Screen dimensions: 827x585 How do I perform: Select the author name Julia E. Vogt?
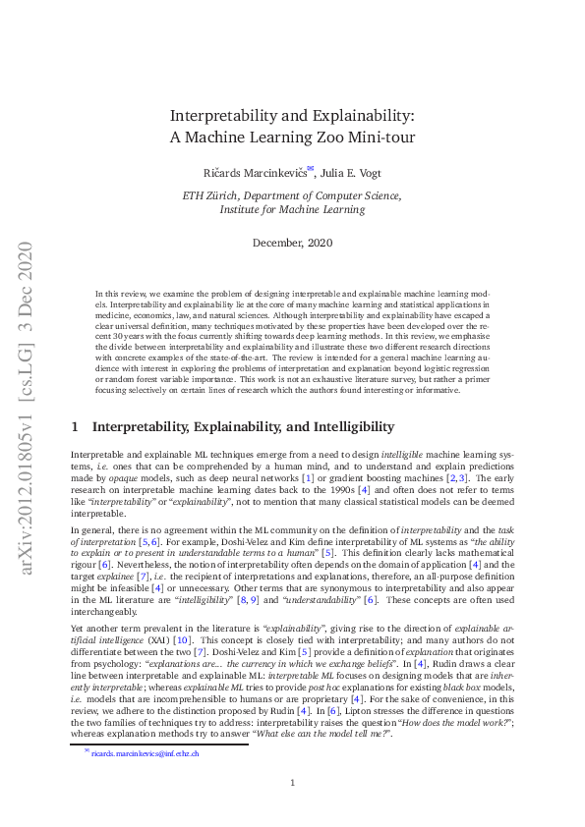pos(355,171)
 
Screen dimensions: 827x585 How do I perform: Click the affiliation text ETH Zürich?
pos(212,195)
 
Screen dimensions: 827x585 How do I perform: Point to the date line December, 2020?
pos(292,242)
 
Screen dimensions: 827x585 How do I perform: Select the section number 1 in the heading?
pos(76,427)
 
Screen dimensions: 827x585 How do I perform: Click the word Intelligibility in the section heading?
pos(348,427)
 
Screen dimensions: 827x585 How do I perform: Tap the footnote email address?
pos(146,753)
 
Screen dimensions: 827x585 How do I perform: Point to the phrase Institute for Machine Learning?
pos(292,209)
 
